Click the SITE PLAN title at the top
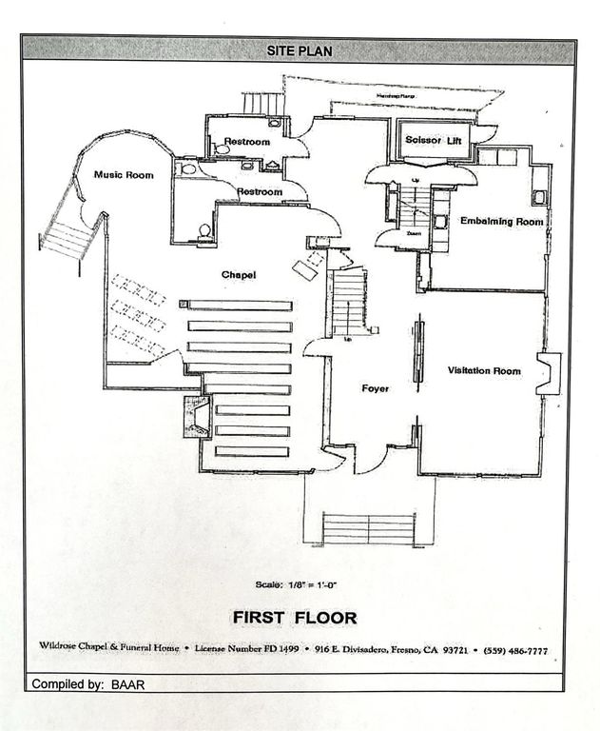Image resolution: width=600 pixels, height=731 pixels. coord(299,50)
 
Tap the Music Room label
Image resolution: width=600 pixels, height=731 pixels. coord(124,175)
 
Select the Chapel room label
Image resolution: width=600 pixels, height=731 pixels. coord(239,275)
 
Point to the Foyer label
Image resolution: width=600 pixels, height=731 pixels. coord(375,388)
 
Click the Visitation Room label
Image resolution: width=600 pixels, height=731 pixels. coord(484,370)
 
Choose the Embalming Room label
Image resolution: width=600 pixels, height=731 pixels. coord(501,221)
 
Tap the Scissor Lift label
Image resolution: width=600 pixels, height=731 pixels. coord(433,141)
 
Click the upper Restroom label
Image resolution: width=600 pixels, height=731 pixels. coord(247,142)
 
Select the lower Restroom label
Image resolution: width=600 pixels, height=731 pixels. coord(260,191)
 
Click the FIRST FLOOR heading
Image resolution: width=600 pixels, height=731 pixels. coord(295,618)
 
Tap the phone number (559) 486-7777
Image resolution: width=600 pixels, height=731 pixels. coord(515,649)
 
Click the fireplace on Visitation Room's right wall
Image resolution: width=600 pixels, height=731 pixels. coord(549,373)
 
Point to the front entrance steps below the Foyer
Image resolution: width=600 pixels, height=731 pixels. coord(369,528)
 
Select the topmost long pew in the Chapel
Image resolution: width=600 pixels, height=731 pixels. coord(238,306)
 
